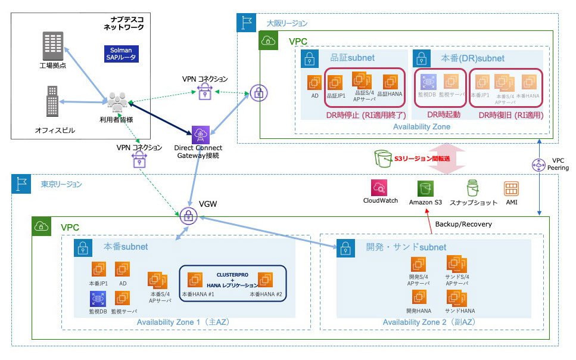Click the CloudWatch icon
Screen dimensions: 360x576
coord(380,188)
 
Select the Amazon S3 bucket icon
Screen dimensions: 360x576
coord(425,188)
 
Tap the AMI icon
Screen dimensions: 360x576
coord(511,188)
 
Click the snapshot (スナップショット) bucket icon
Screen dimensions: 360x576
coord(473,188)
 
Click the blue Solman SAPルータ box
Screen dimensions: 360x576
coord(121,54)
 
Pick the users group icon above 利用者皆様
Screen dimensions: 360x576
coord(117,101)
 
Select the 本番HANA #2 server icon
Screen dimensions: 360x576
coord(266,280)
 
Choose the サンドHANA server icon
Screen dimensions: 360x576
coord(459,299)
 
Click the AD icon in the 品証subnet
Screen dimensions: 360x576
coord(315,83)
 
